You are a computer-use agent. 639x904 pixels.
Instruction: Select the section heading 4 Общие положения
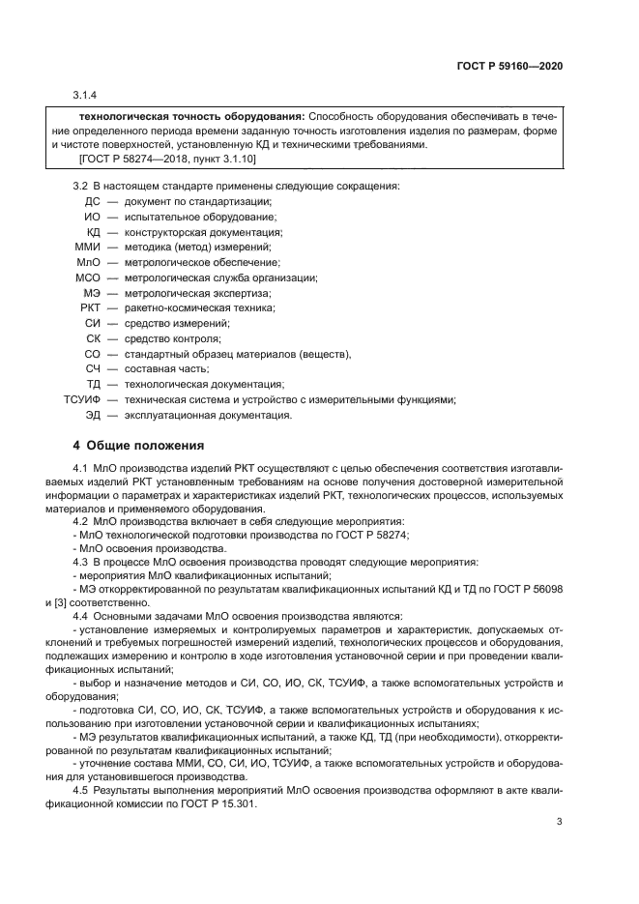coord(139,446)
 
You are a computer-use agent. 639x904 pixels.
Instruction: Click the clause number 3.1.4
coord(85,95)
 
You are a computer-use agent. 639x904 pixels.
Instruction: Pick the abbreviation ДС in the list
coord(92,201)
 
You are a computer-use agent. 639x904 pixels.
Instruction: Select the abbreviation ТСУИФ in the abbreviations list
coord(82,400)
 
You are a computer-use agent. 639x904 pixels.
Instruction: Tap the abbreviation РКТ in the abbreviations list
coord(90,308)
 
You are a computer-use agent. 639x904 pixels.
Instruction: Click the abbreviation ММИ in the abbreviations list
coord(88,248)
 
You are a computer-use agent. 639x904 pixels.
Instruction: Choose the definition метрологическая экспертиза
coord(197,293)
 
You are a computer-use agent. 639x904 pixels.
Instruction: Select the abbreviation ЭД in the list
coord(92,416)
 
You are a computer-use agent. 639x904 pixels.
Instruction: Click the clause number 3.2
coord(81,185)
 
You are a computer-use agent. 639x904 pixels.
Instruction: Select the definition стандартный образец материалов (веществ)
coord(237,355)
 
